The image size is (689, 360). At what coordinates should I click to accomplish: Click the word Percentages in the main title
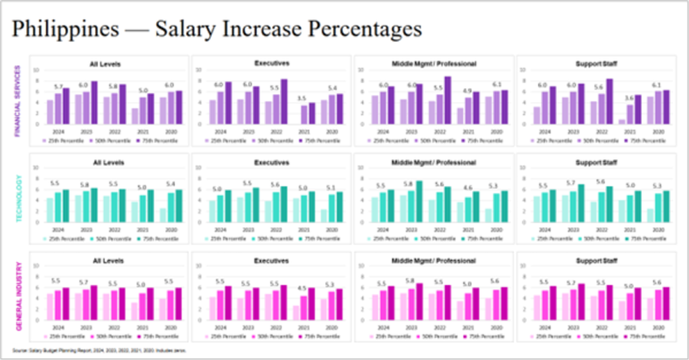[358, 30]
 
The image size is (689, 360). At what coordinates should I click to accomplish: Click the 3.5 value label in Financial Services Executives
[302, 98]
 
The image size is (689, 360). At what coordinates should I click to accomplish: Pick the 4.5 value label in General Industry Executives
[302, 290]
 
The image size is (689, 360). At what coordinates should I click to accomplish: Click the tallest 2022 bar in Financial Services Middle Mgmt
[447, 100]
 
